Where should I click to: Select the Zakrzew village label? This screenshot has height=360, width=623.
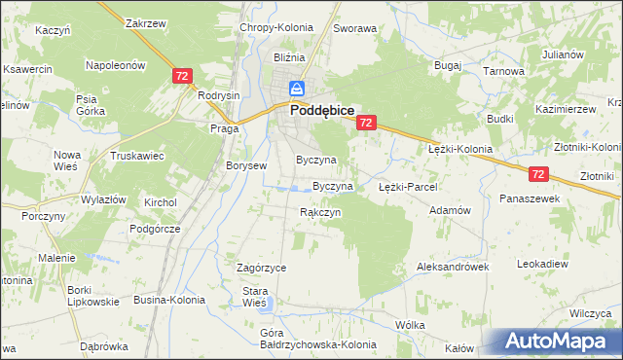point(144,22)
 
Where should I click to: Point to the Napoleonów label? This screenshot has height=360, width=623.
point(115,65)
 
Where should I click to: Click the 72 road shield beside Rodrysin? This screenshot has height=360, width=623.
point(181,75)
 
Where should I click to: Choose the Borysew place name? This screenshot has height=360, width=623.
point(246,165)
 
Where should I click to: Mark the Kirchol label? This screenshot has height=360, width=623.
point(159,202)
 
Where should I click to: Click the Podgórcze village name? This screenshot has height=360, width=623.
point(156,229)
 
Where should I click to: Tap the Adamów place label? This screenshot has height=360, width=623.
point(450,210)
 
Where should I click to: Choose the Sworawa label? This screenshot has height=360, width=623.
point(354,29)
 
